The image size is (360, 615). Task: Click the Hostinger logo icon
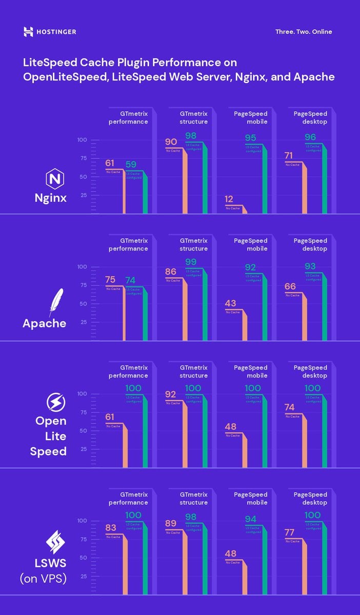coord(28,32)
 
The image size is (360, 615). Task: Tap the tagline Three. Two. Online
coord(304,32)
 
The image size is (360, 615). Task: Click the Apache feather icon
coord(55,302)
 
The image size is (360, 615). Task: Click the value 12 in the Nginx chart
coord(229,199)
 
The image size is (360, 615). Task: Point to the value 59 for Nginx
coord(131,165)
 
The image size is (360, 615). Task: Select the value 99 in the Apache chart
coord(191,262)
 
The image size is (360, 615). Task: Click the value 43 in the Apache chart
coord(231,303)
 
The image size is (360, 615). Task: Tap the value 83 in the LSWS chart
coord(111,528)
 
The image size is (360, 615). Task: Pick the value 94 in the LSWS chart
coord(250,519)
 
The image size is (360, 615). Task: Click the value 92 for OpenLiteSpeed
coord(171,395)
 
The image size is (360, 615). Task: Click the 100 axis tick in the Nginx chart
coord(82,140)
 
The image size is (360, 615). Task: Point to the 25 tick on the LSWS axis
coord(82,576)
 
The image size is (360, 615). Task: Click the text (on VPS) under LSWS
coord(43,579)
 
